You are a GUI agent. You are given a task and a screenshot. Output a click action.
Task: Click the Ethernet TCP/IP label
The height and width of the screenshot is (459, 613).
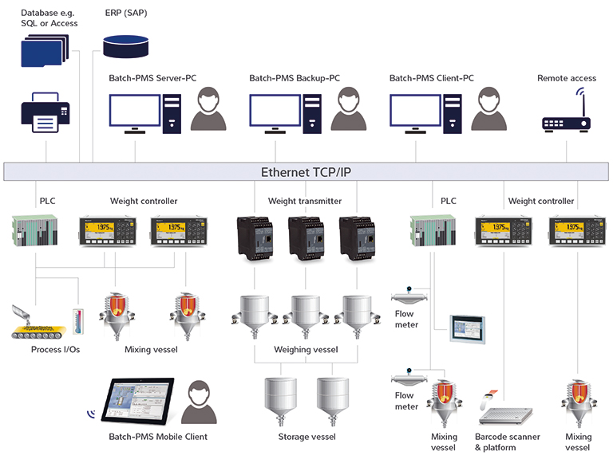(x=306, y=171)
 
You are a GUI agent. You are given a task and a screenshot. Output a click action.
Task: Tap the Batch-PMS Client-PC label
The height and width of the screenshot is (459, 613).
(x=431, y=78)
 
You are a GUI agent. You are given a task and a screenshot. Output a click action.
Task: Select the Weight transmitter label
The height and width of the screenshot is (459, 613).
(x=304, y=201)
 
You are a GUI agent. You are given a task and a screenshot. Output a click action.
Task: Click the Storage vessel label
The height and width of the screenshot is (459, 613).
(x=306, y=437)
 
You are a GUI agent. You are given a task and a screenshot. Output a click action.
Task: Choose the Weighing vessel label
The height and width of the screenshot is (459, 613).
(x=306, y=349)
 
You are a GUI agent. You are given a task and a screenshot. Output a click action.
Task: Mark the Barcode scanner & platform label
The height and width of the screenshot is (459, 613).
(x=507, y=442)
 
